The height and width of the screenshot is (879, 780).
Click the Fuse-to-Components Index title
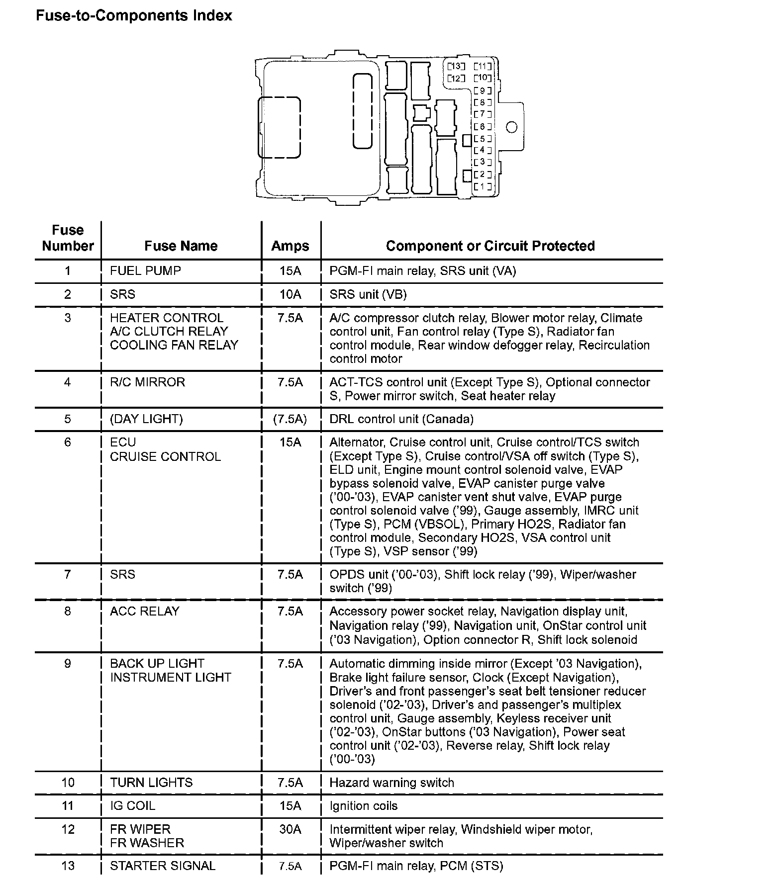pyautogui.click(x=134, y=16)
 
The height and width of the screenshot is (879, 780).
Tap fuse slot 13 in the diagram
pyautogui.click(x=455, y=66)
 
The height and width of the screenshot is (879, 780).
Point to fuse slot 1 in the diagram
pyautogui.click(x=482, y=187)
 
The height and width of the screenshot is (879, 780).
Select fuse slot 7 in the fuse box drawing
pyautogui.click(x=482, y=114)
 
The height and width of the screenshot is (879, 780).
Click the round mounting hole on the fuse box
pyautogui.click(x=511, y=127)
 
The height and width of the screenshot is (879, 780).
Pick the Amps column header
pyautogui.click(x=290, y=246)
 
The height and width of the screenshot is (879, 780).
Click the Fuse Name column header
pyautogui.click(x=181, y=246)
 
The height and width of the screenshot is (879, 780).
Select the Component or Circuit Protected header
pyautogui.click(x=490, y=246)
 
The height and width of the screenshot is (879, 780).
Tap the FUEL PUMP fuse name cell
pyautogui.click(x=145, y=271)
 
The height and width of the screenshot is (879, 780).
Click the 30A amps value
pyautogui.click(x=290, y=829)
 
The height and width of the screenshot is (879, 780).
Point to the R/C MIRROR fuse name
pyautogui.click(x=147, y=382)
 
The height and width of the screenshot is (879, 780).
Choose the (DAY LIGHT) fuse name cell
pyautogui.click(x=146, y=419)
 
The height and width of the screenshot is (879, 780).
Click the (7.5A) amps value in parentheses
pyautogui.click(x=290, y=419)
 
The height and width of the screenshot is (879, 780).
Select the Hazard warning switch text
pyautogui.click(x=392, y=783)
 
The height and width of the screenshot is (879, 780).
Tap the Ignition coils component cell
pyautogui.click(x=364, y=806)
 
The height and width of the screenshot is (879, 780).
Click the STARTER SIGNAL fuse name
pyautogui.click(x=163, y=866)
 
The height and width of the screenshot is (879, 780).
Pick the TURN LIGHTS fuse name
pyautogui.click(x=151, y=783)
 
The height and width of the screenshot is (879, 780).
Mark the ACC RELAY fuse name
pyautogui.click(x=145, y=612)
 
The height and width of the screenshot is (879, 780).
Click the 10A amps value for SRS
pyautogui.click(x=290, y=294)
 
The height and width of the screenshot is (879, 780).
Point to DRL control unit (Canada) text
pyautogui.click(x=401, y=419)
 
